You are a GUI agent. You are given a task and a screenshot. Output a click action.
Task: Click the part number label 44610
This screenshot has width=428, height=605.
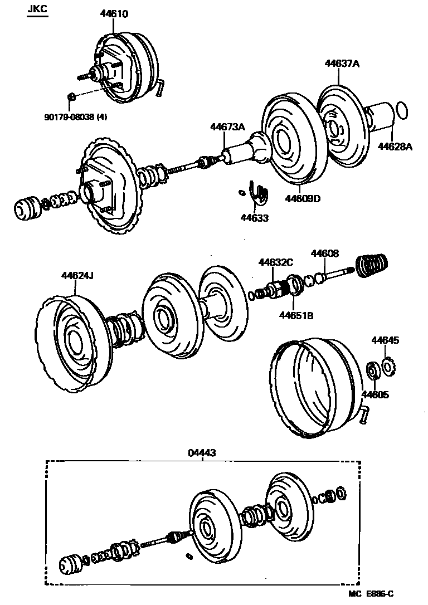[x=114, y=14]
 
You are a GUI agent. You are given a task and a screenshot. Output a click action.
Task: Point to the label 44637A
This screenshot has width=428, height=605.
[x=342, y=64]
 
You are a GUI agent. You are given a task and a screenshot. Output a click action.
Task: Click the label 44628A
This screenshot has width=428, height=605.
[x=395, y=147]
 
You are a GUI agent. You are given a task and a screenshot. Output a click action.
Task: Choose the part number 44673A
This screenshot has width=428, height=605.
[x=227, y=127]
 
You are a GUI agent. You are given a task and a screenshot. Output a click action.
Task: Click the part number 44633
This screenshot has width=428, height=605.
[x=255, y=218]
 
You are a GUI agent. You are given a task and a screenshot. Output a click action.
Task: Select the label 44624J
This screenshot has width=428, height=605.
[x=78, y=275]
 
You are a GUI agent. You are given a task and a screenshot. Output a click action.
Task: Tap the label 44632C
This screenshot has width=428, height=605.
[x=275, y=262]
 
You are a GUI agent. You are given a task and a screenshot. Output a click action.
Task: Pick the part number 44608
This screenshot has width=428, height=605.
[x=324, y=254]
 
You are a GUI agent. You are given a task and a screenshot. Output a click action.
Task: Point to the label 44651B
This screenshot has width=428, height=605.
[x=296, y=316]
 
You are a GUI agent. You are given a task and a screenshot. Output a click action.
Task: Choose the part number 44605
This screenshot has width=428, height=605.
[x=375, y=395]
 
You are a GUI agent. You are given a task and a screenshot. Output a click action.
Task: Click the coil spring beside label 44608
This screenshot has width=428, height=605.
[x=372, y=265]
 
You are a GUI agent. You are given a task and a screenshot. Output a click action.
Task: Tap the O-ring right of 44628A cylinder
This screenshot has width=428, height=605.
[x=400, y=111]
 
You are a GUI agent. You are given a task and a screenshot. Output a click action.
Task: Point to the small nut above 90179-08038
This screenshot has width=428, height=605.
[x=71, y=98]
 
